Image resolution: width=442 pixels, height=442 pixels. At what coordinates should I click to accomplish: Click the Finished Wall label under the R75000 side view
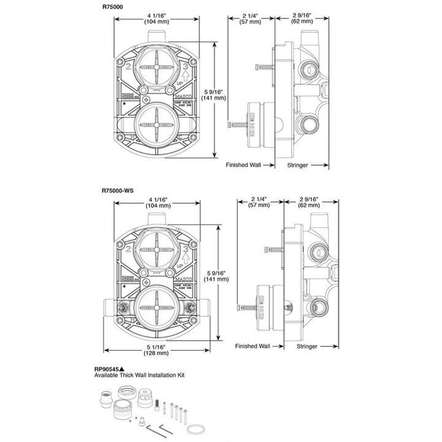pyautogui.click(x=244, y=165)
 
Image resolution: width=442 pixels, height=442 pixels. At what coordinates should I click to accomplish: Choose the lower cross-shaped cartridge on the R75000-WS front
pyautogui.click(x=158, y=304)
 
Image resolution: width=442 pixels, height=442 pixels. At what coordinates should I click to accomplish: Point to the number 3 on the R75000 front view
pyautogui.click(x=179, y=67)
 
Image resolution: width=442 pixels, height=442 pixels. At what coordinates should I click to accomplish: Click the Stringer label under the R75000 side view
pyautogui.click(x=306, y=165)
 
